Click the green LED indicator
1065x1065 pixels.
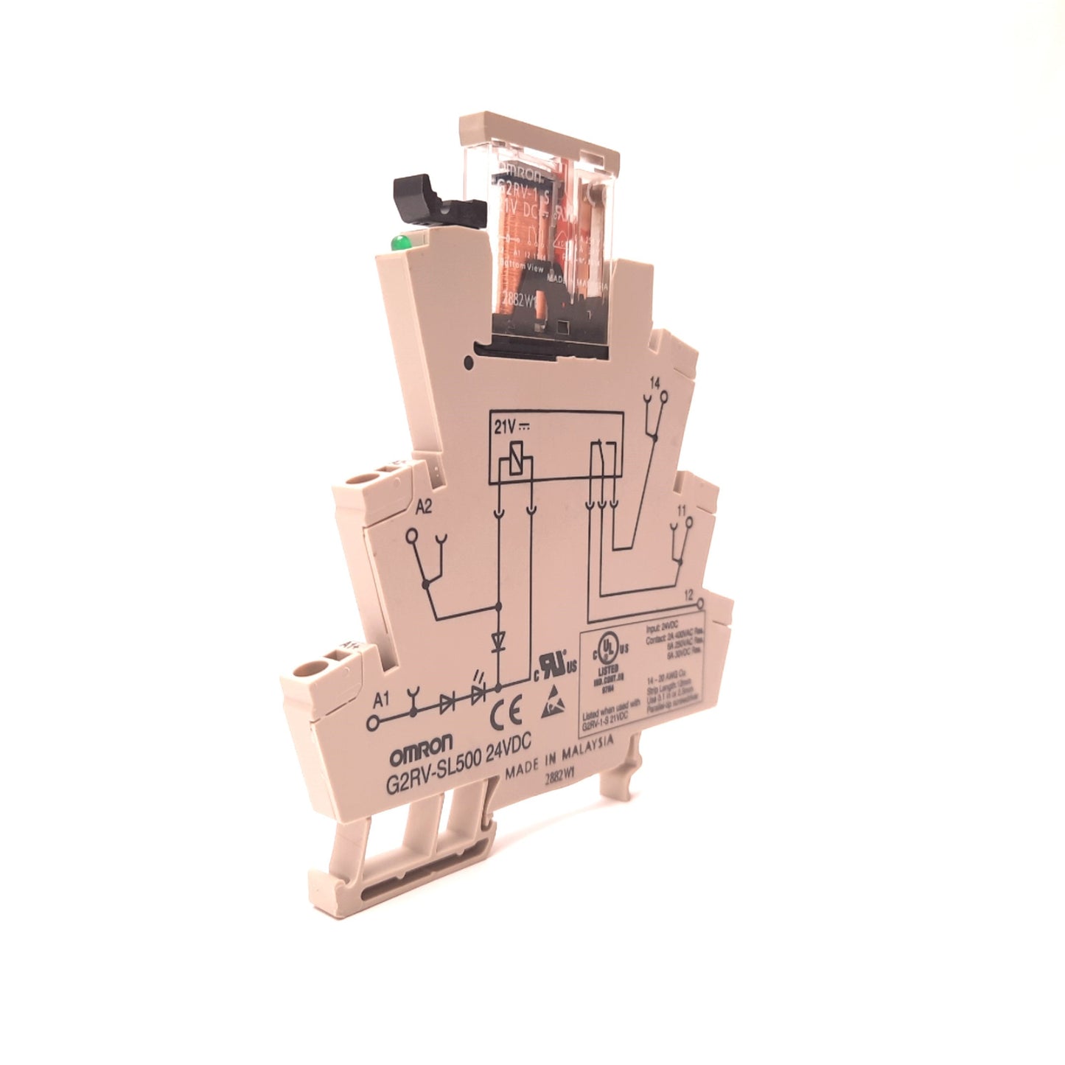[399, 242]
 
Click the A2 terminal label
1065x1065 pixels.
[424, 507]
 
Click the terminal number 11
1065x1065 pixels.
[681, 509]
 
